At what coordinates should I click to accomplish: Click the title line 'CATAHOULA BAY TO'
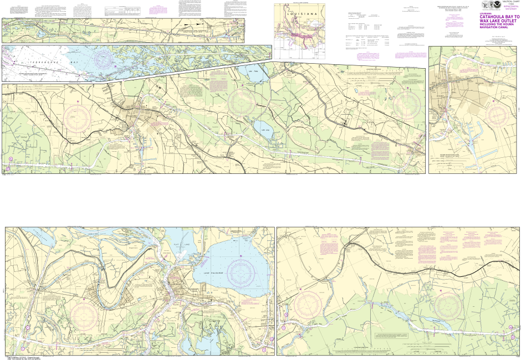click(500, 17)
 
